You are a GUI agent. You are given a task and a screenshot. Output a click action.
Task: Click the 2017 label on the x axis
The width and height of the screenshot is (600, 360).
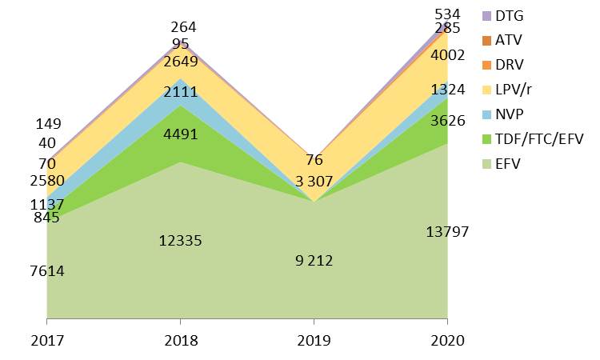(x=47, y=341)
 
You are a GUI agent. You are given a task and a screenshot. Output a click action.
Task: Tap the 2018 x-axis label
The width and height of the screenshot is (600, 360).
(x=181, y=341)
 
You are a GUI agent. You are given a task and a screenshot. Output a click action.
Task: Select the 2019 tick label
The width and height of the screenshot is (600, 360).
(x=314, y=341)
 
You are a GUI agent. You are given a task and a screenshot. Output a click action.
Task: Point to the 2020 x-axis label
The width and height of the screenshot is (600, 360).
(x=447, y=341)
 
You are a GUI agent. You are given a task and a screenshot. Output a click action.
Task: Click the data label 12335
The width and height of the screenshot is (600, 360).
(x=181, y=241)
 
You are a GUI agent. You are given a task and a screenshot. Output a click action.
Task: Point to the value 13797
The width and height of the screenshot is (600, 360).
(x=447, y=232)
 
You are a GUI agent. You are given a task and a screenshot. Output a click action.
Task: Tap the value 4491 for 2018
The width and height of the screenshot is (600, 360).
(x=181, y=134)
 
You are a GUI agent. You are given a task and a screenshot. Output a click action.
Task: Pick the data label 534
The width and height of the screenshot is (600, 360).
(x=447, y=14)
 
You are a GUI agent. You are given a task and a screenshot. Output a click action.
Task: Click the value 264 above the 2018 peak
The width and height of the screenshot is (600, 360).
(x=183, y=27)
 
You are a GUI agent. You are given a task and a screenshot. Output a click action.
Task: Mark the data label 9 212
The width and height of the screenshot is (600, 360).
(x=314, y=260)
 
